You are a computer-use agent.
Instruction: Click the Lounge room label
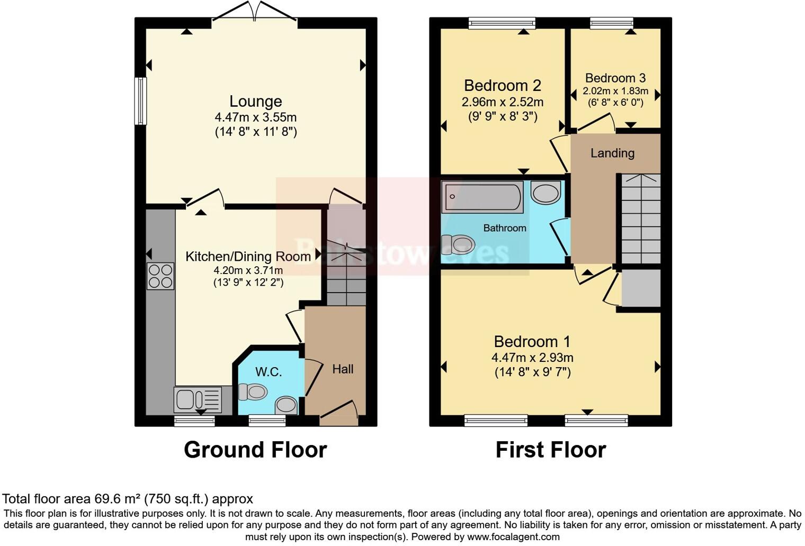[255, 101]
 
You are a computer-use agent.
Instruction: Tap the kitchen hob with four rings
[160, 276]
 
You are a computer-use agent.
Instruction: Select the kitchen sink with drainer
[197, 399]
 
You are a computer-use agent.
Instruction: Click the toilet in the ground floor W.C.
[253, 392]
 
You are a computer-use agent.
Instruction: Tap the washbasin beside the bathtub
[546, 193]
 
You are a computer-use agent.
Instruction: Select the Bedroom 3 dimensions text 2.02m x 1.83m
[615, 91]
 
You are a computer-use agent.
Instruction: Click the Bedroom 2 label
[502, 85]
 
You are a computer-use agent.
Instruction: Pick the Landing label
[612, 153]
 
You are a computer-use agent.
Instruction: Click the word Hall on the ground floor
[343, 369]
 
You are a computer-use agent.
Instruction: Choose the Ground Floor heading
[255, 450]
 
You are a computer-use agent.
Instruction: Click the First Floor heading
[550, 450]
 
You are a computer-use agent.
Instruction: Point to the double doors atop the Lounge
[255, 13]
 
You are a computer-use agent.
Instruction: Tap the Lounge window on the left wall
[140, 101]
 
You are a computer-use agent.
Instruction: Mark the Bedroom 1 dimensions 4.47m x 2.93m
[532, 357]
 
